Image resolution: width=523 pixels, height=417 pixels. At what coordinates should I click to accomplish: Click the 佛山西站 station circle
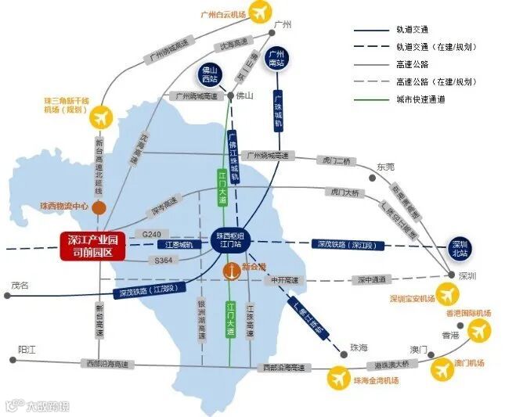pyautogui.click(x=210, y=74)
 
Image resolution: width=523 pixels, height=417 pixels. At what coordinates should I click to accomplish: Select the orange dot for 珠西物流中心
pyautogui.click(x=99, y=207)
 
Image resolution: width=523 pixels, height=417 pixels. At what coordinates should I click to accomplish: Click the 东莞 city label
pyautogui.click(x=386, y=167)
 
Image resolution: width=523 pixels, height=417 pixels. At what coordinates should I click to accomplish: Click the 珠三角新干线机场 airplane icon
pyautogui.click(x=99, y=118)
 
